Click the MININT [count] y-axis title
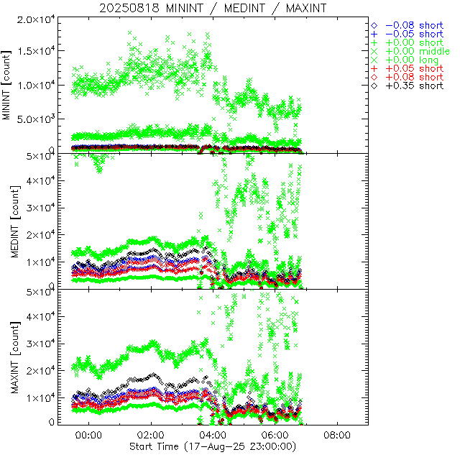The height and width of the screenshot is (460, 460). click(8, 85)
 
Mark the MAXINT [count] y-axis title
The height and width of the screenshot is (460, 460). click(8, 356)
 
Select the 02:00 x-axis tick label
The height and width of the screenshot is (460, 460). click(151, 435)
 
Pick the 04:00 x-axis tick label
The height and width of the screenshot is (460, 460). click(213, 435)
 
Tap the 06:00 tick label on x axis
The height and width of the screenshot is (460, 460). click(275, 435)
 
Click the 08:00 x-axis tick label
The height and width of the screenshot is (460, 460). click(337, 435)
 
